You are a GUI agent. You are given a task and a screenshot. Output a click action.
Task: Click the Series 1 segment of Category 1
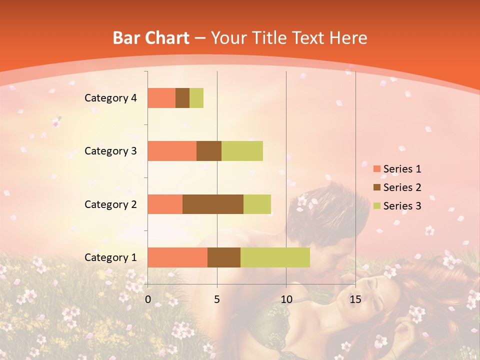(x=177, y=257)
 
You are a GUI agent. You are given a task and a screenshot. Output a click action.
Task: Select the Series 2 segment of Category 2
(x=213, y=204)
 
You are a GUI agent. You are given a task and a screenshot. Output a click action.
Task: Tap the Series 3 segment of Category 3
(x=242, y=151)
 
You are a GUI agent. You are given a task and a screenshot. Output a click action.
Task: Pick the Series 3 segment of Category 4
(x=196, y=98)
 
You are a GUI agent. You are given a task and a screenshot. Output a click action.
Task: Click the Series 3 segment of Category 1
(x=275, y=257)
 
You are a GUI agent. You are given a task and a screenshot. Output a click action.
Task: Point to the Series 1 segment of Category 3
(x=172, y=151)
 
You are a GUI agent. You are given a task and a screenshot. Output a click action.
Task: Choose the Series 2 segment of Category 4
(x=182, y=98)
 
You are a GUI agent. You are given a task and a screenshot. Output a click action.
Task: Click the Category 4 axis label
(x=110, y=98)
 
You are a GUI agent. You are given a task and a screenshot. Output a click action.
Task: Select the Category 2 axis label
(x=110, y=204)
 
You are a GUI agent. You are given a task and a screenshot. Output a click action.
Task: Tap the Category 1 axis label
(x=110, y=257)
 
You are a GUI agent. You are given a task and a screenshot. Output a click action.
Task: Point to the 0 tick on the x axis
(x=148, y=299)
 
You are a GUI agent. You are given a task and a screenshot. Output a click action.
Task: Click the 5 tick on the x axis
(x=217, y=299)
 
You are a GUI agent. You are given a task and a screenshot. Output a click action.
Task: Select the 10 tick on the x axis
(x=286, y=299)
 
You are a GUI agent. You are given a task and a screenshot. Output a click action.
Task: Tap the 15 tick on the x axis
(x=355, y=299)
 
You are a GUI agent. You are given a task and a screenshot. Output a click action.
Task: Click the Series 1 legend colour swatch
(x=376, y=169)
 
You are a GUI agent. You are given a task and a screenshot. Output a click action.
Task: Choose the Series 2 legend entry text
(x=402, y=187)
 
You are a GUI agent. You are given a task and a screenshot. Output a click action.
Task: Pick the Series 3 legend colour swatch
(x=376, y=206)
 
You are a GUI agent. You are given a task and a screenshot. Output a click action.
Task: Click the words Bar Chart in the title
(x=151, y=38)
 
